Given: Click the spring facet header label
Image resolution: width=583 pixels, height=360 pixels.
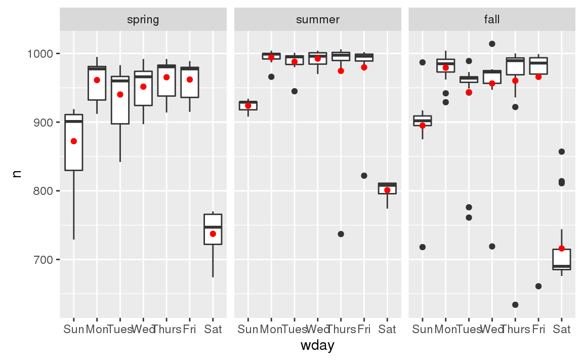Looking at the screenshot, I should coord(143,20).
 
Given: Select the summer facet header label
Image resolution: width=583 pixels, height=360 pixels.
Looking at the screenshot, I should coord(317,20).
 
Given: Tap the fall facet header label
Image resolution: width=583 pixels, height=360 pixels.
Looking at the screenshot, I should coord(491,20).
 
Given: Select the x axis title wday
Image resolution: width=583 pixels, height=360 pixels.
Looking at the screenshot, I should coord(317,346).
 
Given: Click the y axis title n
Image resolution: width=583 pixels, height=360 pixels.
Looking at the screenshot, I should coord(17,174).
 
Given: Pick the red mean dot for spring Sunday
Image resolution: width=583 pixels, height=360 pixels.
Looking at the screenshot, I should coord(74,141).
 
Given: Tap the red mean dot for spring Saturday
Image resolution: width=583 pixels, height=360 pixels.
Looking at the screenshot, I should coord(213,234).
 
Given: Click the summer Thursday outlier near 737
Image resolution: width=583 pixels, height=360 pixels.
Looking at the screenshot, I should coord(341,234).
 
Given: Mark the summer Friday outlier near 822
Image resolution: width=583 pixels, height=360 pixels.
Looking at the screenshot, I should coord(364,176).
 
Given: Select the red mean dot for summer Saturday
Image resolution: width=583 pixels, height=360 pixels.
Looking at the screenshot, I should coord(387,190).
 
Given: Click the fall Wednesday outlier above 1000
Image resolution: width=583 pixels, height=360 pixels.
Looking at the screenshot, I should coord(492,44).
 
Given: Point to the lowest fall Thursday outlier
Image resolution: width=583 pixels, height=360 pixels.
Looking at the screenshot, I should coord(515,305).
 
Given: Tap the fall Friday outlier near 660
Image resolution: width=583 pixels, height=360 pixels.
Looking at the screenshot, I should coord(538,287).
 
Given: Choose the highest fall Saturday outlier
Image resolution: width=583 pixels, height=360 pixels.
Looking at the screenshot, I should coord(561,151).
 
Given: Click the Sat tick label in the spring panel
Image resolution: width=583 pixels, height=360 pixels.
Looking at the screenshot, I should coord(213,330).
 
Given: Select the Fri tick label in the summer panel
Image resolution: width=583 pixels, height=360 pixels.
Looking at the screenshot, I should coord(364,330).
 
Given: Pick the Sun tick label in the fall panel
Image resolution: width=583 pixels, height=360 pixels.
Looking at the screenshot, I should coord(423,330).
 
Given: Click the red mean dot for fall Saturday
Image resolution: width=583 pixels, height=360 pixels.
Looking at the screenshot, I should coord(561,249).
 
